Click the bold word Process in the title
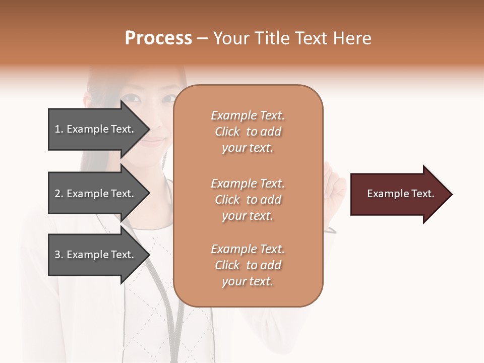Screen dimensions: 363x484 point(158,38)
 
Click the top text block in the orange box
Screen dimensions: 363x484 point(248,132)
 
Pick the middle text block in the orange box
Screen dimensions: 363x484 point(248,200)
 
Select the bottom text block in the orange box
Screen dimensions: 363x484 point(248,265)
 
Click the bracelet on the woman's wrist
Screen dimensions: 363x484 point(330,230)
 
